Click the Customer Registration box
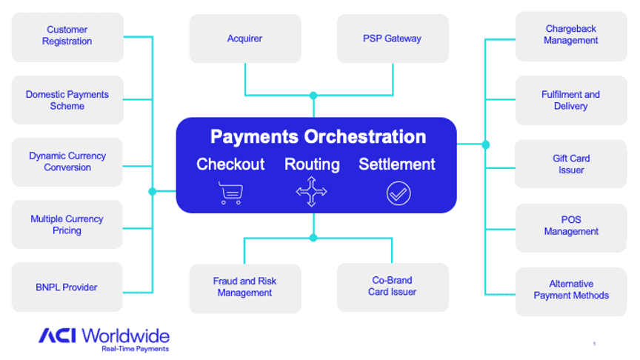point(67,36)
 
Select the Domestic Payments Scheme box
point(67,100)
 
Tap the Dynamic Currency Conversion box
point(67,161)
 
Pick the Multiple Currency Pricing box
point(67,224)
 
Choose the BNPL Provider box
point(67,287)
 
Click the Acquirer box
point(245,39)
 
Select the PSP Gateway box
point(393,39)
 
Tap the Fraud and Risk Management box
point(245,287)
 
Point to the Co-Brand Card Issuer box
point(393,287)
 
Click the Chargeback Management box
point(571,36)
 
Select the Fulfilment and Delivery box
point(571,100)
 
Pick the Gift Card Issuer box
point(571,164)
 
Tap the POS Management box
point(571,226)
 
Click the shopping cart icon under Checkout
point(230,193)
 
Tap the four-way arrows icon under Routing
point(312,193)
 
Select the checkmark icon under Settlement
point(398,193)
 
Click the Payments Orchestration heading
point(318,137)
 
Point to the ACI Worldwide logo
point(104,338)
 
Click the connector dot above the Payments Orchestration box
point(313,96)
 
